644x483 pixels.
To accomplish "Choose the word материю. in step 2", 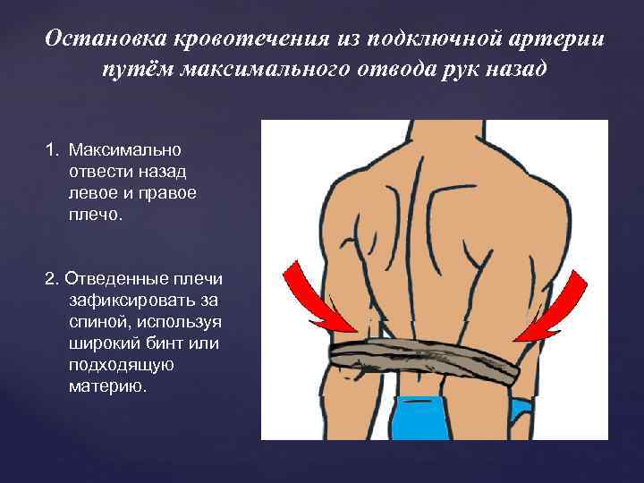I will point(106,386).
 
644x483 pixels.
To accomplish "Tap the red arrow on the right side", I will point(551,308).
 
